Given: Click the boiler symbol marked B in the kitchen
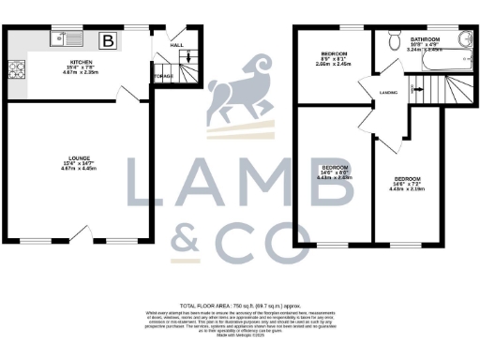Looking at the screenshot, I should (x=109, y=41).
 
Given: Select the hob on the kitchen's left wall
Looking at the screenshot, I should (x=17, y=68).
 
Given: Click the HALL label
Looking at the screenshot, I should (x=176, y=44).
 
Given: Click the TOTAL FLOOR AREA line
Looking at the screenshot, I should (x=240, y=306).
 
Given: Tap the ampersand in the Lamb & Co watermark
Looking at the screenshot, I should (x=187, y=238).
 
